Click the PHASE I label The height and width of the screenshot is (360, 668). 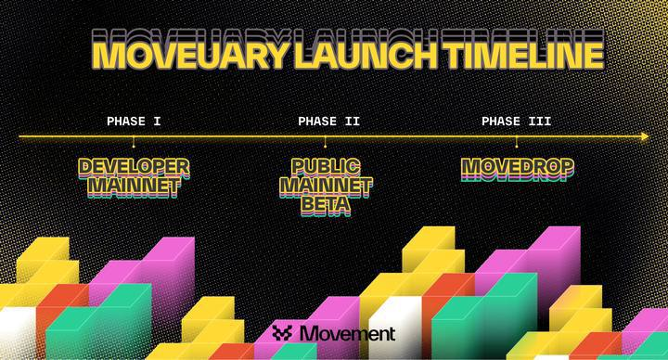[134, 121]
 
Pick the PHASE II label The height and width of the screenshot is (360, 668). [328, 121]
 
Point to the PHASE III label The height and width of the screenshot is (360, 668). [517, 121]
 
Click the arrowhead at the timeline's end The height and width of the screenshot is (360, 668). [644, 136]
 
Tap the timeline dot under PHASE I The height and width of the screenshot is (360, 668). [134, 146]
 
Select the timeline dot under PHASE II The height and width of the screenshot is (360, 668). [325, 146]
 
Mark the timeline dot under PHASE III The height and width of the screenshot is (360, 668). [517, 146]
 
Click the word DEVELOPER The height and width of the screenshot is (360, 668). [135, 167]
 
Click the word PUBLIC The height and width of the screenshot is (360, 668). [325, 167]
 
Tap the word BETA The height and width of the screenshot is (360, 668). [325, 205]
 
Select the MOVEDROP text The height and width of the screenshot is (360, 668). [517, 168]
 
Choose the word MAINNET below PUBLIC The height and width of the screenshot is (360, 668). [325, 186]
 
